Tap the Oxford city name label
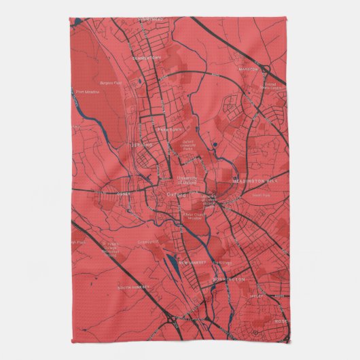point(175,194)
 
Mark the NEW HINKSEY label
point(193,262)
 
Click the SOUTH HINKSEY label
point(131,287)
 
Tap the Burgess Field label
point(110,83)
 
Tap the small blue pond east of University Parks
point(215,145)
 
